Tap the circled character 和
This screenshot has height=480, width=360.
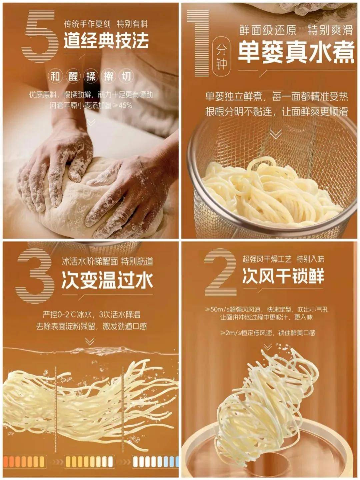(55, 76)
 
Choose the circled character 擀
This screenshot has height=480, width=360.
(109, 76)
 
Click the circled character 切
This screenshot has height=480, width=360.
(126, 76)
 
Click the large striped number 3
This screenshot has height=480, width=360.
(35, 278)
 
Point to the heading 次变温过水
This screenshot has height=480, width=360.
(107, 281)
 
